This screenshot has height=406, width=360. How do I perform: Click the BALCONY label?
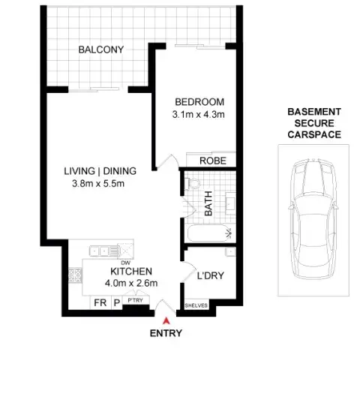(x=100, y=50)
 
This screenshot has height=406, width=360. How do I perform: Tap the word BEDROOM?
(x=199, y=102)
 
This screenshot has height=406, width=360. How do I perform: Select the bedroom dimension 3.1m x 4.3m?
(x=199, y=115)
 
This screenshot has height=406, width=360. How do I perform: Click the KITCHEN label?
(x=132, y=271)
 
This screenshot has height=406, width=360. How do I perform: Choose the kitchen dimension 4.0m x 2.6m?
(x=132, y=284)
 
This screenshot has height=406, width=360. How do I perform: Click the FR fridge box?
(x=99, y=303)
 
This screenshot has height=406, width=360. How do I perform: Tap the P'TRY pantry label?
(x=135, y=302)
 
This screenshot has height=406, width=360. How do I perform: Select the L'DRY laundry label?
(x=210, y=275)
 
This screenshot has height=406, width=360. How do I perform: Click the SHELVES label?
(x=196, y=305)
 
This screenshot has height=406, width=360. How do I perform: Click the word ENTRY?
(x=166, y=332)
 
